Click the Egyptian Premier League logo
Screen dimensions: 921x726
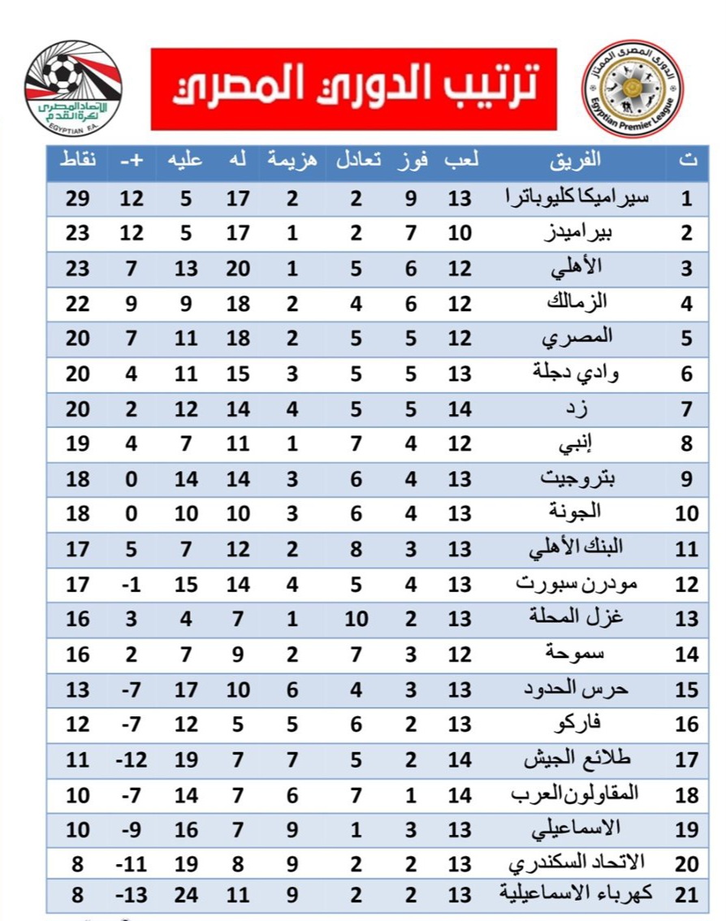click(633, 88)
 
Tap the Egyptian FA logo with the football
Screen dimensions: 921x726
click(73, 88)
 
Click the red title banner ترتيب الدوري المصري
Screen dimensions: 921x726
click(353, 89)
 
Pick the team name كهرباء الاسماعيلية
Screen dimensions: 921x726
click(557, 893)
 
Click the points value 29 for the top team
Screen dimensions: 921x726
click(78, 198)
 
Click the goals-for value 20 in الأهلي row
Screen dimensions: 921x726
click(237, 268)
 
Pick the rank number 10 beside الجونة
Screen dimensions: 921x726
click(687, 513)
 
